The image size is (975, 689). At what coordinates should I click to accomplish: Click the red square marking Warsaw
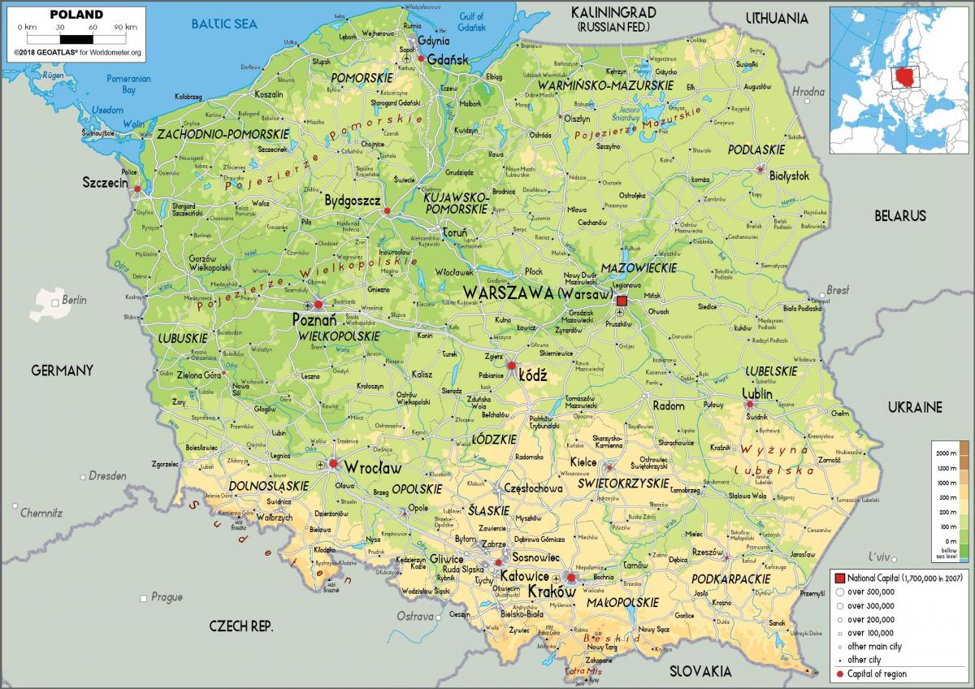[622, 301]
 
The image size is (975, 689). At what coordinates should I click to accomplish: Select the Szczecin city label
[106, 183]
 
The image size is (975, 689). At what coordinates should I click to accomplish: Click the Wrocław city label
[373, 467]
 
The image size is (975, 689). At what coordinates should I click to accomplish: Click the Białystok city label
[790, 175]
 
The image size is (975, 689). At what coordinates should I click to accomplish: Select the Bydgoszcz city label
[353, 200]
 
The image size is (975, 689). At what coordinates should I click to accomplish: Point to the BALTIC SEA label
[223, 24]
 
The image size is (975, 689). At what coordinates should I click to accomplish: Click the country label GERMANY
[62, 370]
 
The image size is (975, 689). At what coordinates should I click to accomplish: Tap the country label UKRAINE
[914, 406]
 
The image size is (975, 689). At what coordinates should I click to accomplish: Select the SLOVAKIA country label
[700, 671]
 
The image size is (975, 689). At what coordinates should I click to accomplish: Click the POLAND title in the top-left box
[76, 14]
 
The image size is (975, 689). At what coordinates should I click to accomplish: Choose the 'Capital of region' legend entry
[877, 674]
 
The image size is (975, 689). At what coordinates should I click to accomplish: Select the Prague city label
[166, 597]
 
